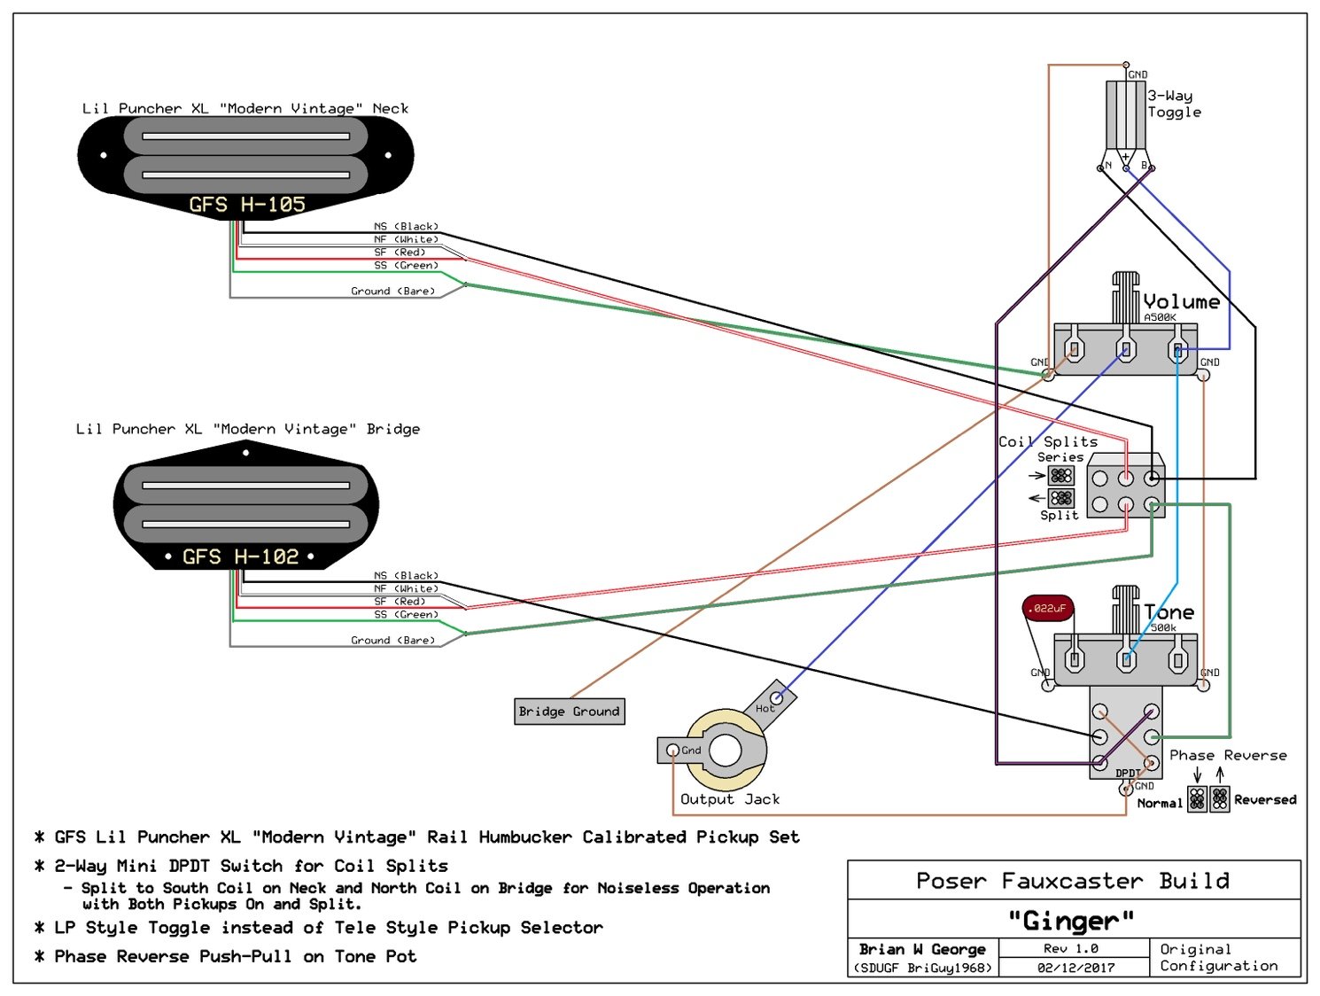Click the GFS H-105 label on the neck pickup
point(246,205)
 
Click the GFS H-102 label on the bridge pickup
point(240,557)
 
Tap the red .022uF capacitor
point(1048,608)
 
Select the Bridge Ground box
point(569,712)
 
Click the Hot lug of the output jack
point(775,697)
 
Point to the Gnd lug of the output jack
point(673,751)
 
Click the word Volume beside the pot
point(1181,302)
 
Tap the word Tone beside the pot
point(1169,612)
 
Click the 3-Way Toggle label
point(1174,104)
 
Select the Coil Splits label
point(1048,441)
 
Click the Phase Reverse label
point(1228,756)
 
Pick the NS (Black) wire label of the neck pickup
point(406,227)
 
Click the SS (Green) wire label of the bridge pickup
point(406,615)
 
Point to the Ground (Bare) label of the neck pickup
point(392,292)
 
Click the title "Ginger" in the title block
point(1072,922)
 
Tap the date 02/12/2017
point(1075,968)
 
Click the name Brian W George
point(922,949)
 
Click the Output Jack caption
point(730,799)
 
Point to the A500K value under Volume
point(1160,317)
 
